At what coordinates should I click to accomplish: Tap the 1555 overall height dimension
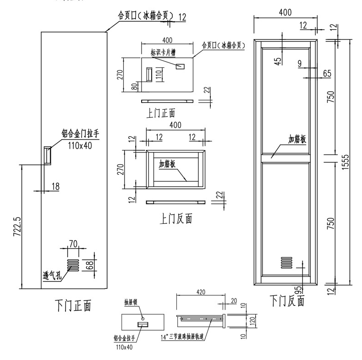346,161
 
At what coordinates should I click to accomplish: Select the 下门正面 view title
73,305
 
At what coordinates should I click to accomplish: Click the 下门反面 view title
287,301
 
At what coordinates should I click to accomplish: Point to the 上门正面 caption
160,113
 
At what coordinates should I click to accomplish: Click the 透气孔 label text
51,276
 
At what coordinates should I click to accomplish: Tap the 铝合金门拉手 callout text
81,134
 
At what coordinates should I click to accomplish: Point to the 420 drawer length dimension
201,292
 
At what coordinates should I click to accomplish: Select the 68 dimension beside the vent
90,265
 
